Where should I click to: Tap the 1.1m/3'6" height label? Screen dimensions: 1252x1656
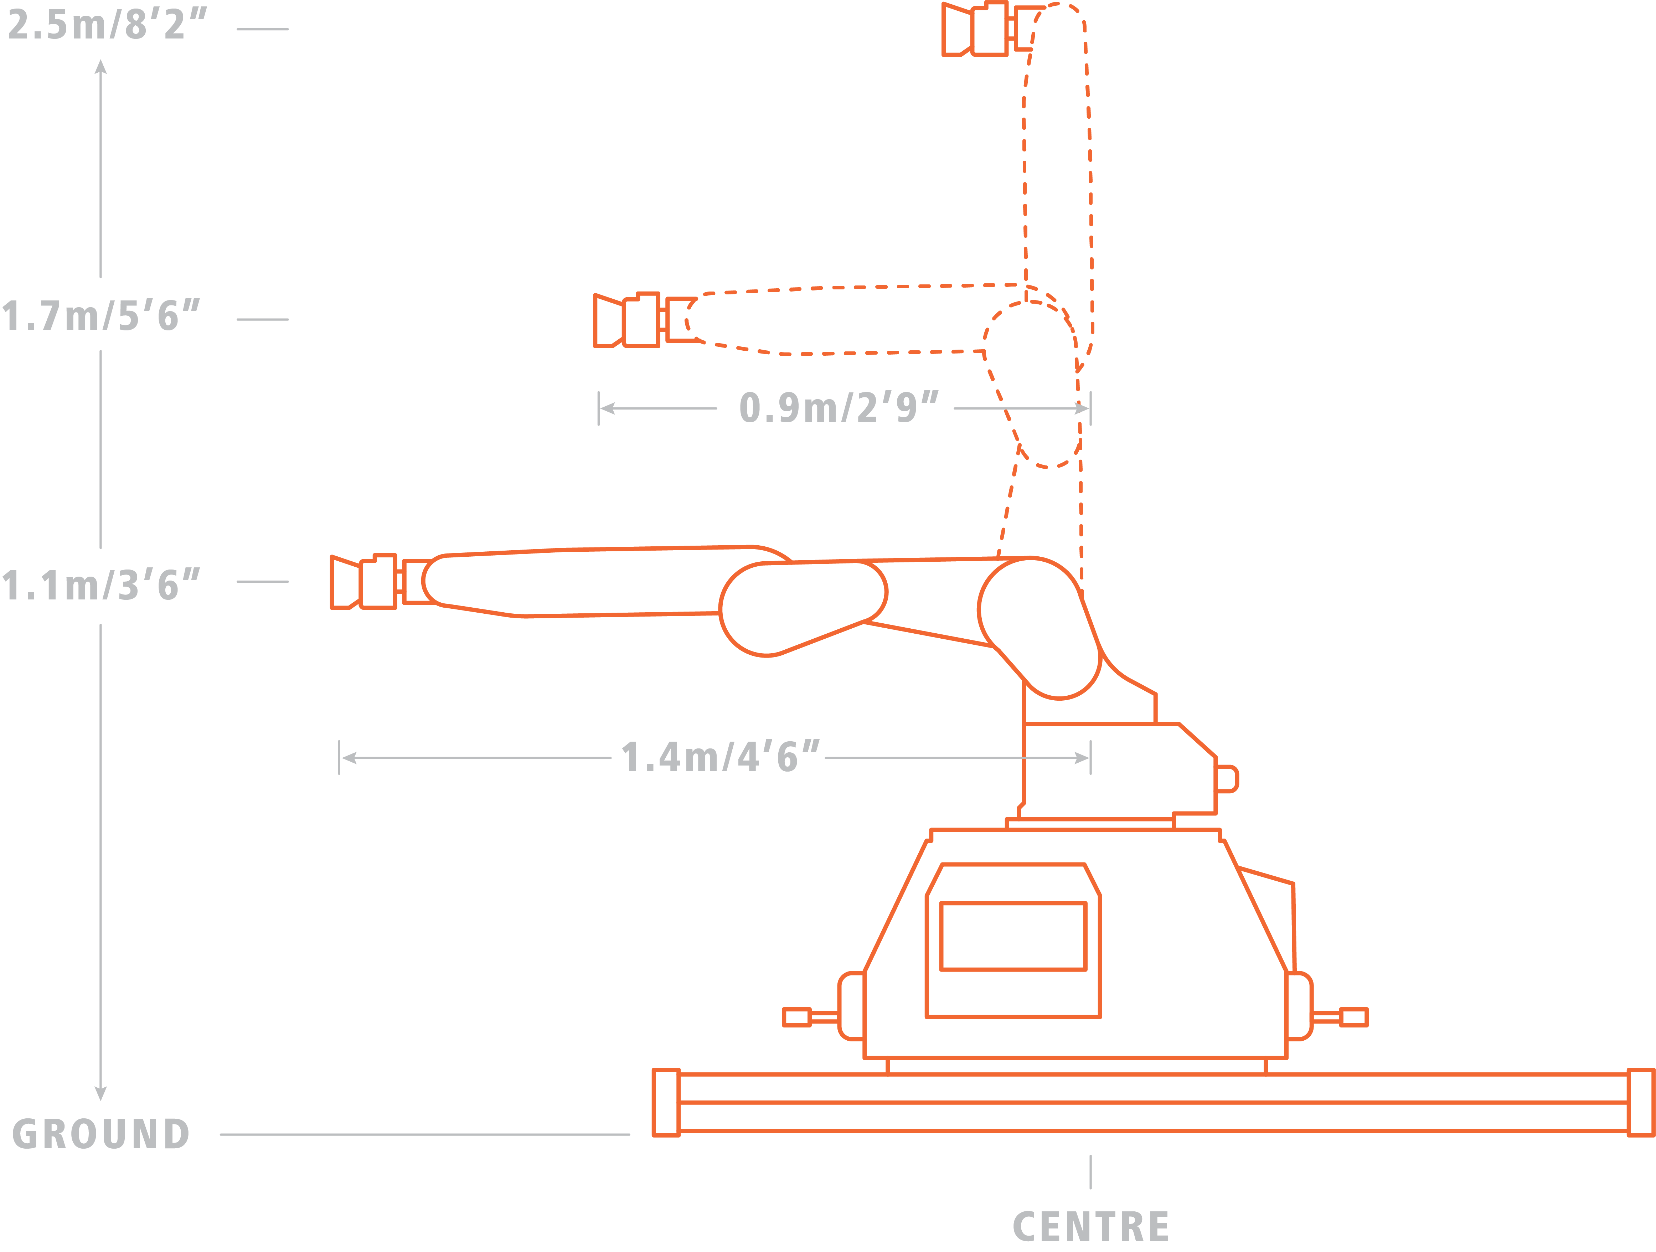coord(101,585)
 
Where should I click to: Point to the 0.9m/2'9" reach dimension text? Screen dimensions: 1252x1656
coord(839,408)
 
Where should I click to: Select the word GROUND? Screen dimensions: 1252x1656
coord(101,1134)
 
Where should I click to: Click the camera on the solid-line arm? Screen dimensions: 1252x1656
coord(365,582)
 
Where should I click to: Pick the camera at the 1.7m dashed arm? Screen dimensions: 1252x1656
coord(627,320)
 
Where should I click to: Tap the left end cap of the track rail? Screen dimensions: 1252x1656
coord(666,1102)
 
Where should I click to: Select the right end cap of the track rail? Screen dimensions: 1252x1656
coord(1640,1102)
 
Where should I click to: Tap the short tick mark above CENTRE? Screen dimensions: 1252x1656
coord(1090,1172)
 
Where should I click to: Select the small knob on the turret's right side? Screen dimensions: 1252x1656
coord(1227,779)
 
